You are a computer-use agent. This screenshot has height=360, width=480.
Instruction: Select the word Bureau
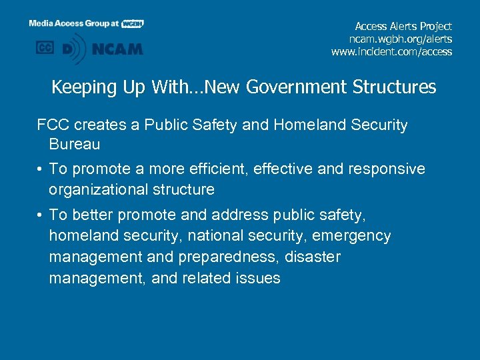(74, 144)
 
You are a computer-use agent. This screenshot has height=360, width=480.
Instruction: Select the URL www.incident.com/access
(391, 51)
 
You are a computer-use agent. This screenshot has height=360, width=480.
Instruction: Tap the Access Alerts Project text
(403, 26)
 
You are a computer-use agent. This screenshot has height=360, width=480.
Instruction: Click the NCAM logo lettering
(117, 49)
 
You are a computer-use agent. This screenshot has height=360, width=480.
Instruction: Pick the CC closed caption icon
(45, 48)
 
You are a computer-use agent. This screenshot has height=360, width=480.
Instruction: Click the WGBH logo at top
(133, 23)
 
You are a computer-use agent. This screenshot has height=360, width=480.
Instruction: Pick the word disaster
(314, 257)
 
